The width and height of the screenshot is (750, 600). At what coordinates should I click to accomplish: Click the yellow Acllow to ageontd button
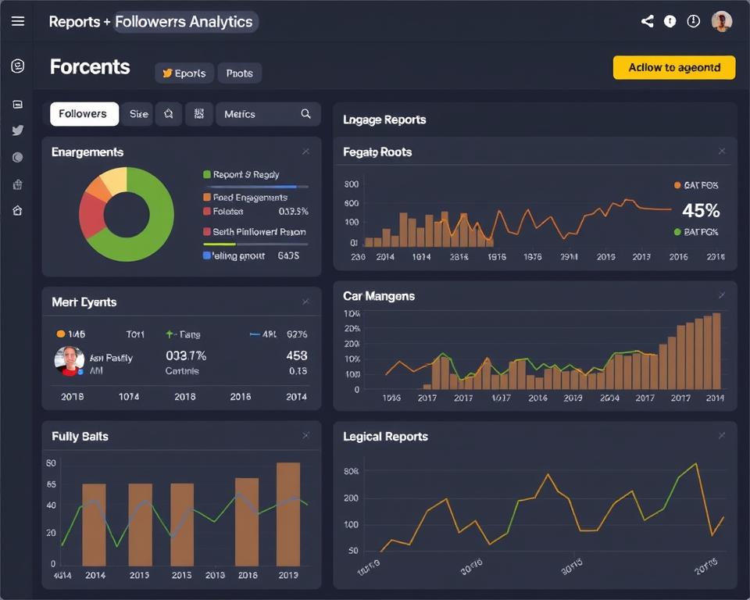pyautogui.click(x=673, y=68)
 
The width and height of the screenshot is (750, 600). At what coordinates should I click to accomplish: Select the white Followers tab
pyautogui.click(x=84, y=114)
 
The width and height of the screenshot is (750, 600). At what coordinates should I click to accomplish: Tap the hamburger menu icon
pyautogui.click(x=17, y=21)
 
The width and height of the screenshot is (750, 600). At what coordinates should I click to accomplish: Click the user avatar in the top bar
pyautogui.click(x=721, y=22)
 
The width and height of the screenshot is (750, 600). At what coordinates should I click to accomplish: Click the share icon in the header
pyautogui.click(x=647, y=22)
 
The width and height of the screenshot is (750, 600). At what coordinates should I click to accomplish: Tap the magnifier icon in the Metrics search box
pyautogui.click(x=305, y=114)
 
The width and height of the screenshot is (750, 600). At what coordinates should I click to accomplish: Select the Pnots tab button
pyautogui.click(x=239, y=73)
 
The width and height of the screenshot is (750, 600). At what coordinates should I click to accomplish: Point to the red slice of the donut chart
pyautogui.click(x=92, y=215)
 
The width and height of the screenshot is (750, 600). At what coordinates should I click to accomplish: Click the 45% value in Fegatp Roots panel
pyautogui.click(x=700, y=210)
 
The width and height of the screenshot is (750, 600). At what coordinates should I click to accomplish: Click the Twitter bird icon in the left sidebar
pyautogui.click(x=17, y=130)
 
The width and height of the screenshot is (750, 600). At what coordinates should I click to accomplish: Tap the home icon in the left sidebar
pyautogui.click(x=17, y=210)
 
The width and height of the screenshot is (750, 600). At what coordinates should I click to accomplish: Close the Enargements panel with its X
pyautogui.click(x=305, y=152)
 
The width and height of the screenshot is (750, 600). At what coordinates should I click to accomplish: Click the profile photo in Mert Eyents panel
pyautogui.click(x=70, y=361)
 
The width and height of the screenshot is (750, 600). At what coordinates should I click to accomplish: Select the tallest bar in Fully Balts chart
pyautogui.click(x=288, y=513)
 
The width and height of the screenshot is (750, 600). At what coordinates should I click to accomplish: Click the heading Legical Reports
pyautogui.click(x=385, y=437)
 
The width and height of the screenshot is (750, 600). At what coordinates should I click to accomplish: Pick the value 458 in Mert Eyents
pyautogui.click(x=297, y=355)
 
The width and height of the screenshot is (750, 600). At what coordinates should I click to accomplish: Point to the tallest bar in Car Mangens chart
pyautogui.click(x=716, y=351)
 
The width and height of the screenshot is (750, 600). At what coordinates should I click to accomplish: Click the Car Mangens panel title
pyautogui.click(x=379, y=296)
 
